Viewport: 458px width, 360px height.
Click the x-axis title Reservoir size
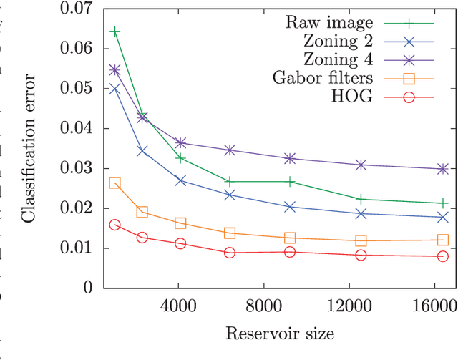[280, 334]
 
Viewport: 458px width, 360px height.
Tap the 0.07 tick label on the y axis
[77, 9]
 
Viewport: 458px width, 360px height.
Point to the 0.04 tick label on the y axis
[77, 129]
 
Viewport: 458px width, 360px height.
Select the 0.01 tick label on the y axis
[77, 248]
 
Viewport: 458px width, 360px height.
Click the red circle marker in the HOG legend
[409, 97]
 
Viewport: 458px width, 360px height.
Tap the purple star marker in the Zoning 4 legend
[409, 59]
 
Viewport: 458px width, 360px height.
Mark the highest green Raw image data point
[114, 32]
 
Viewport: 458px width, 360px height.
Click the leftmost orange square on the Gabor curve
[114, 183]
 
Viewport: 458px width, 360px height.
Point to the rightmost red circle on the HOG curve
[442, 256]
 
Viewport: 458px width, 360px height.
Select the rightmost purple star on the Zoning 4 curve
[442, 169]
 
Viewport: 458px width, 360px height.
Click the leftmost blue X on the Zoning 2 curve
[114, 89]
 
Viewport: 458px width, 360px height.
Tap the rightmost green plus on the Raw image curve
[442, 203]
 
